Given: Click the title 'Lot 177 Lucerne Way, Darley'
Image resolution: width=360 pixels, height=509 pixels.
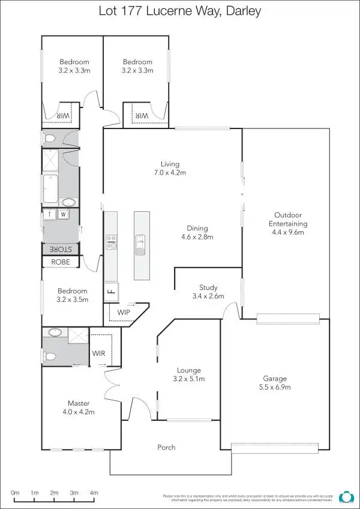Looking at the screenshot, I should click(x=179, y=11).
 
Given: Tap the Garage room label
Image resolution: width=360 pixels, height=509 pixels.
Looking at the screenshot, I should click(x=275, y=379).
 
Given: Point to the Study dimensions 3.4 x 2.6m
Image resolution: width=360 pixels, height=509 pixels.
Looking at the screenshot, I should click(x=208, y=296).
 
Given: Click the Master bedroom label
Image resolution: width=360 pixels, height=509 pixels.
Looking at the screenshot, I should click(x=79, y=403).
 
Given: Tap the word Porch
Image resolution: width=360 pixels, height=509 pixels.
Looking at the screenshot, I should click(x=167, y=447).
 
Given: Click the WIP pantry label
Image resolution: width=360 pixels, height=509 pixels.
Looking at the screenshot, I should click(x=124, y=313).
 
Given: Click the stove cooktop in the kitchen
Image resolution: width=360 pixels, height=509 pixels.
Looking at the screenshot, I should click(x=111, y=242).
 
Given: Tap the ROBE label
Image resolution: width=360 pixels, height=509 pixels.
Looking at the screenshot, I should click(x=61, y=262).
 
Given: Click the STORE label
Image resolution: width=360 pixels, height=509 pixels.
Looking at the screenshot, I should click(x=61, y=249).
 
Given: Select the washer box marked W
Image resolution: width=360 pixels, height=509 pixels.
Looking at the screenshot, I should click(x=63, y=214).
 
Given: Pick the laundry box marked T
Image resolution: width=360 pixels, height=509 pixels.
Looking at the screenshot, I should click(x=50, y=214).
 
